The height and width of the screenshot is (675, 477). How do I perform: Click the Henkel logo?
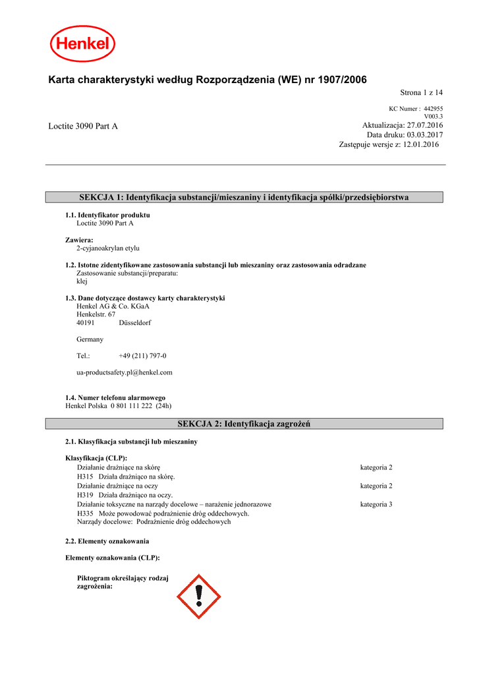point(83,44)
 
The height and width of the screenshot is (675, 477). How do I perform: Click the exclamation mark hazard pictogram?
point(198,596)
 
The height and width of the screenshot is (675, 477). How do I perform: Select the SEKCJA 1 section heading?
point(244,197)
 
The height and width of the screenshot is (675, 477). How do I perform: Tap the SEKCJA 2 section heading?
point(244,423)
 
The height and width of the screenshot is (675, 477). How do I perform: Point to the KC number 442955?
point(433,108)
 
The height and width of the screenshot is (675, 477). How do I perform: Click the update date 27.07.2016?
point(425,125)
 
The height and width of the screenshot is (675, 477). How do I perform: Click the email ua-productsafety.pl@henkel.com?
point(125,372)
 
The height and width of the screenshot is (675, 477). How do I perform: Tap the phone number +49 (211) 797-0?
point(143,356)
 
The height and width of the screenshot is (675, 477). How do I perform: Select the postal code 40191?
point(86,323)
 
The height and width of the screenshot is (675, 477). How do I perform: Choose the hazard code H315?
point(85,477)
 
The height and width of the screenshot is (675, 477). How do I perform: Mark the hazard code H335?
point(85,513)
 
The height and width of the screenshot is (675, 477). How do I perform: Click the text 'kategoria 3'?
point(376,504)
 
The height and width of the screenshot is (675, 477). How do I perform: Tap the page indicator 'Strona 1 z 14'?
point(422,93)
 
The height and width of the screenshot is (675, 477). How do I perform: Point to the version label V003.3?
point(433,116)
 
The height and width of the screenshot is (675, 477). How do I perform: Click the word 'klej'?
point(82,281)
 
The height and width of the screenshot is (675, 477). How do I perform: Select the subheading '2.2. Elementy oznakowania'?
point(107,541)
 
